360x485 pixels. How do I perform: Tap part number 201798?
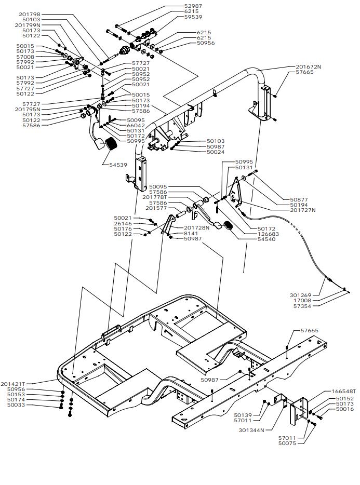(30, 14)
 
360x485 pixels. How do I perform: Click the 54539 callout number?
(118, 165)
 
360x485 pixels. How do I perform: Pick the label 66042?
(136, 125)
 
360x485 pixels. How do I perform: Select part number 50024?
(216, 152)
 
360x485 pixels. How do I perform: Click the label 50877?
(299, 199)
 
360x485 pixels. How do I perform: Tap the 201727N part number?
(303, 210)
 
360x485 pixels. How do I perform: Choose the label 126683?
(268, 234)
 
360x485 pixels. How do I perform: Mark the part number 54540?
(266, 239)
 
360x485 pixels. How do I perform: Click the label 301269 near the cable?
(301, 295)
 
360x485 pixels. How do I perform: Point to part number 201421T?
(12, 384)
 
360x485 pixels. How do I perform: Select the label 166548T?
(343, 392)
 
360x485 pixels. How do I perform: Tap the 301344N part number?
(251, 430)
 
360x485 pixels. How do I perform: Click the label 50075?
(287, 443)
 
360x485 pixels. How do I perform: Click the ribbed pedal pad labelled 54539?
(110, 144)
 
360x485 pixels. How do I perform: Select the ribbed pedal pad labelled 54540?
(229, 226)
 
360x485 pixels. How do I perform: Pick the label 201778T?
(155, 197)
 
